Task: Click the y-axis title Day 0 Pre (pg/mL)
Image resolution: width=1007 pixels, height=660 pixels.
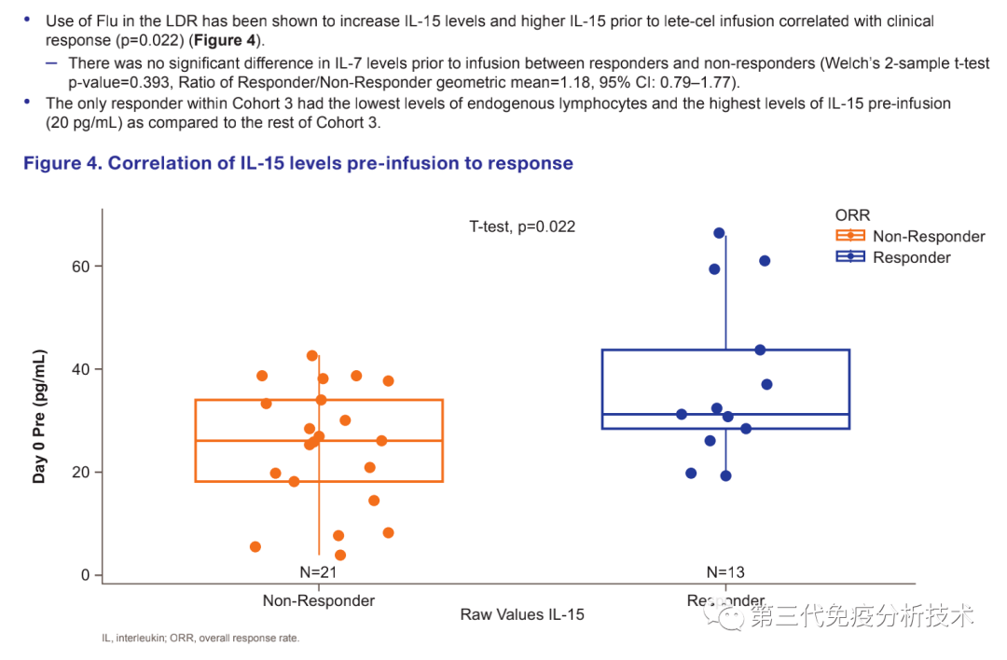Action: tap(39, 416)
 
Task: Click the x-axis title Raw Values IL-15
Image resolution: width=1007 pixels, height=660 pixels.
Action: tap(522, 615)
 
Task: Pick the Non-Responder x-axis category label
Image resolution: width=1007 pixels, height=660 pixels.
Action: tap(319, 600)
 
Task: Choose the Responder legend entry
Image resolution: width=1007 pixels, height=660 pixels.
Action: tap(911, 257)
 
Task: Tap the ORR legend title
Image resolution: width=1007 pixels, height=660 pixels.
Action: tap(852, 215)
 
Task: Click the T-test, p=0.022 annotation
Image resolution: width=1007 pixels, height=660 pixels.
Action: tap(522, 227)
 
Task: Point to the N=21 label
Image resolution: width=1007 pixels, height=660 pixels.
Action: tap(319, 572)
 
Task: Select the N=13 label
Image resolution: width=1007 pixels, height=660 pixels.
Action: tap(725, 572)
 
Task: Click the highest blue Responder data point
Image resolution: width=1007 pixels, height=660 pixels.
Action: tap(719, 233)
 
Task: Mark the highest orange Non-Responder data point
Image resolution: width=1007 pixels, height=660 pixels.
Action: tap(312, 356)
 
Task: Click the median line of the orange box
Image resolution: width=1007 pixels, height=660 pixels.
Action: tap(373, 441)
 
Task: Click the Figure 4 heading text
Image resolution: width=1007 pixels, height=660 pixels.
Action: tap(298, 163)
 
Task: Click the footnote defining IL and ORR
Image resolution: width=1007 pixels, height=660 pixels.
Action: tap(200, 639)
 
